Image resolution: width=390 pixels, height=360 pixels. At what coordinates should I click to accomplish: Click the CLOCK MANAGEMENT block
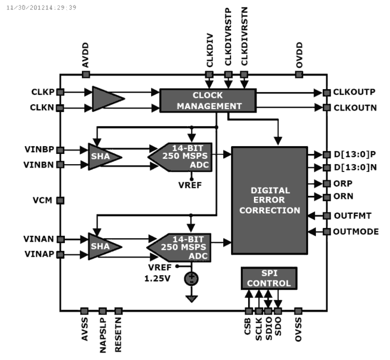coord(208,101)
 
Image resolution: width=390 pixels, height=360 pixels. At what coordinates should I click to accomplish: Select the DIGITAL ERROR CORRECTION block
coord(270,200)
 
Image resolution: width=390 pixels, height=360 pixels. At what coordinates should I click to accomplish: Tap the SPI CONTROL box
coord(269,278)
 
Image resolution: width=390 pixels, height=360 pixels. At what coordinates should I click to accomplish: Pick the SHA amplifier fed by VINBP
coord(103,156)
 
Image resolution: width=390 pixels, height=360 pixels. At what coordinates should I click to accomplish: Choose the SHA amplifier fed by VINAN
coord(103,246)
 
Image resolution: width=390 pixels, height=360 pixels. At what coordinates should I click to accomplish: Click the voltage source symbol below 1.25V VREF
coord(191,279)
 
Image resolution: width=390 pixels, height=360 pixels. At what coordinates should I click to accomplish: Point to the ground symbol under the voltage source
coord(192,299)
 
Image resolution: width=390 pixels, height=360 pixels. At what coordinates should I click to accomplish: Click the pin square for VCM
coord(60,200)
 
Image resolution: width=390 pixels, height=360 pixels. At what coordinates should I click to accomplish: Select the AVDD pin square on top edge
coord(86,74)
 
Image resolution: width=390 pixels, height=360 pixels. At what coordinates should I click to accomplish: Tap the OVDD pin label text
coord(299,55)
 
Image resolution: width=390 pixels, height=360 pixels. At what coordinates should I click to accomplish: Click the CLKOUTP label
coord(354,92)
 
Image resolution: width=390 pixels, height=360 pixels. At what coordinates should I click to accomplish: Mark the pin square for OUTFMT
coord(327,215)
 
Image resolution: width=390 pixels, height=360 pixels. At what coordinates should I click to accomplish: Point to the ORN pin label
coord(343,196)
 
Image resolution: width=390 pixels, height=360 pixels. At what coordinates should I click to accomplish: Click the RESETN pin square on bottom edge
coord(118,311)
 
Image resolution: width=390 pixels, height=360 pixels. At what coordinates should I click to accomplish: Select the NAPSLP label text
coord(103,335)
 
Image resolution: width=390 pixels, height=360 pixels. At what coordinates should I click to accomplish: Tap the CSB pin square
coord(249,311)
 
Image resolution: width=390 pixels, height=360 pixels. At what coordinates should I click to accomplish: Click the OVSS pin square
coord(298,311)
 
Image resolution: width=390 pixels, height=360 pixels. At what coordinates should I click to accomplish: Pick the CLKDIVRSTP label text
coord(228,37)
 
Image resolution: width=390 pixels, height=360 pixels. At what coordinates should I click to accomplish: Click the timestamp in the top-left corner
coord(41,7)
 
